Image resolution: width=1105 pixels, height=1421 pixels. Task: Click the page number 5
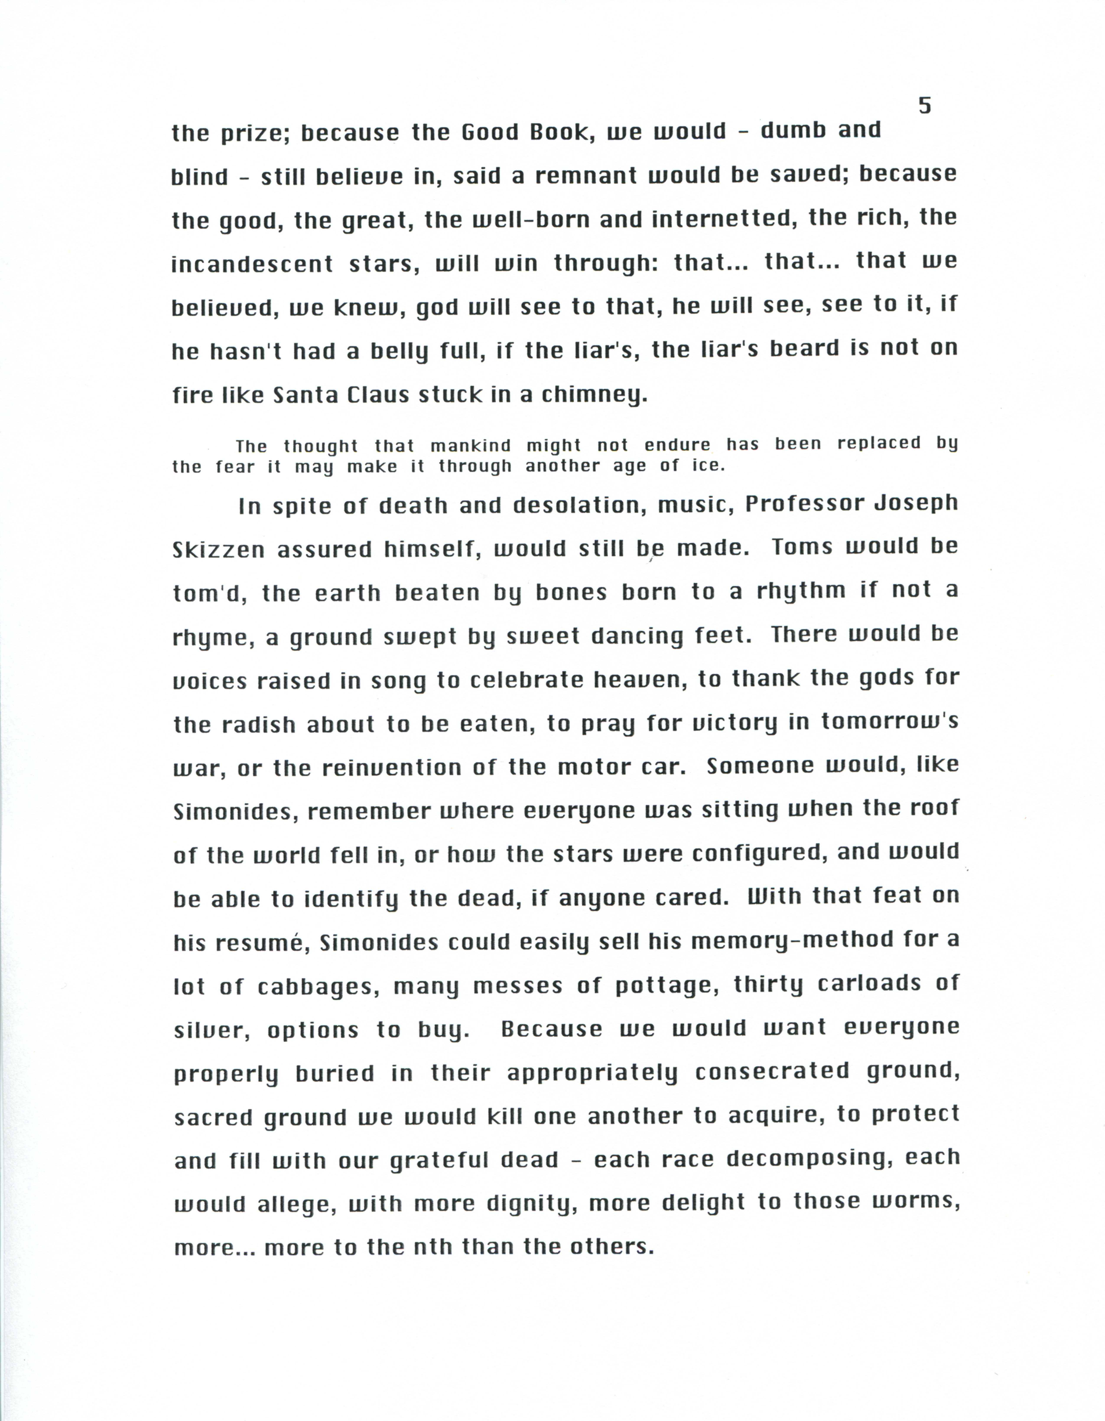[x=924, y=105]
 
